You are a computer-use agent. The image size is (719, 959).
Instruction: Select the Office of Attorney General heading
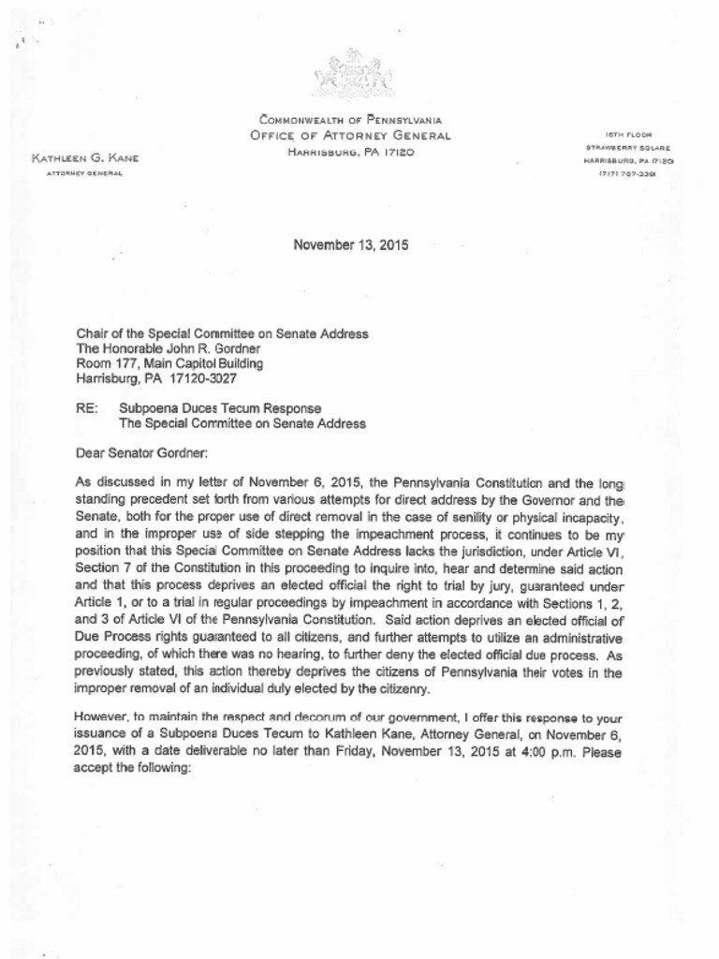pos(350,136)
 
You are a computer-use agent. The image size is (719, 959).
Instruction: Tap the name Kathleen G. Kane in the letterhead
pos(85,159)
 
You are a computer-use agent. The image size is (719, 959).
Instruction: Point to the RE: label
pos(87,408)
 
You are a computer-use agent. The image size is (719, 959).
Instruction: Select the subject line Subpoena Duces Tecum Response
pos(220,408)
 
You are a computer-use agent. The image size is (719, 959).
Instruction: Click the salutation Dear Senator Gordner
pos(140,453)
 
